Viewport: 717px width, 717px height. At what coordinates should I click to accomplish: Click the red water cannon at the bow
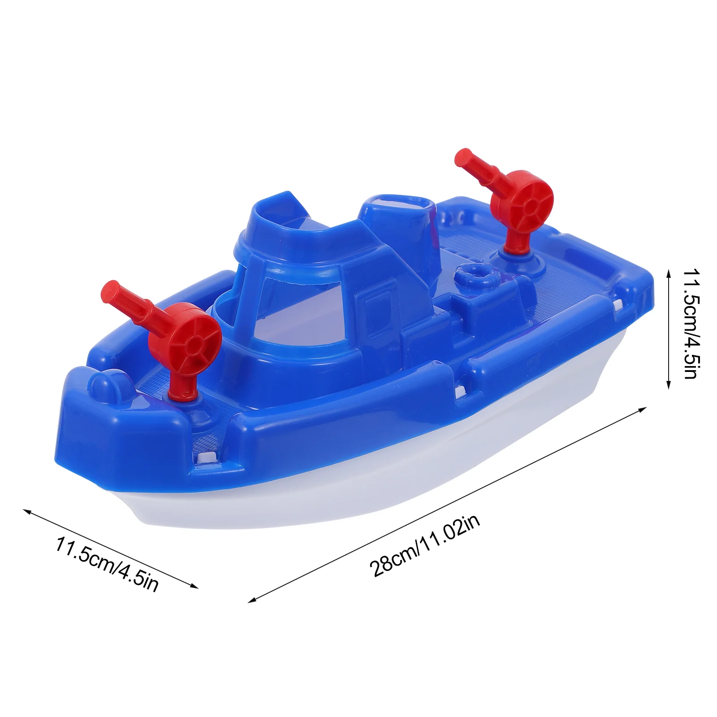pyautogui.click(x=179, y=341)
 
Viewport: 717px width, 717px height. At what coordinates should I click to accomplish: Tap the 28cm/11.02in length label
pyautogui.click(x=424, y=545)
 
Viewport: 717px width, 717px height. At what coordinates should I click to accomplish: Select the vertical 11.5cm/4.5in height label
pyautogui.click(x=690, y=324)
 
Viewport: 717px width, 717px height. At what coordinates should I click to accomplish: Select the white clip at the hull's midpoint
pyautogui.click(x=460, y=393)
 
